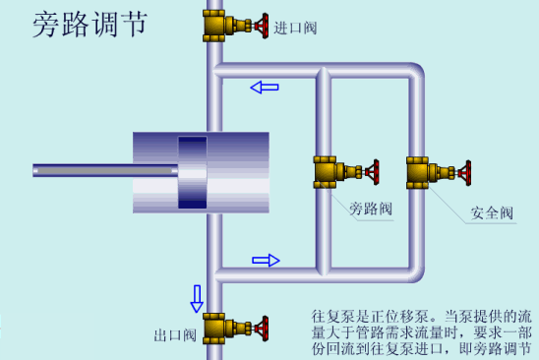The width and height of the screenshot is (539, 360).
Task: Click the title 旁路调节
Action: (x=89, y=24)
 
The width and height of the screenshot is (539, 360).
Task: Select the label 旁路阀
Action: (x=370, y=209)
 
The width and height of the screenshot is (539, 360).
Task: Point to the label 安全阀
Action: (x=491, y=212)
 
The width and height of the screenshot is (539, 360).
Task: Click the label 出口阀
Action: (x=174, y=334)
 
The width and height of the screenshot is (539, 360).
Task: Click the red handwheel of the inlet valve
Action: (x=260, y=24)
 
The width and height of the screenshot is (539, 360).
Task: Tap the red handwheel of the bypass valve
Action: (x=373, y=172)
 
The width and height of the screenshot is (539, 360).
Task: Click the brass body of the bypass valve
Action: (x=327, y=172)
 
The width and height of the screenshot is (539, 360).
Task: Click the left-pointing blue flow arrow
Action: (x=264, y=88)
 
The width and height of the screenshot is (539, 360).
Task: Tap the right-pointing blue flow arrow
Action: (x=266, y=260)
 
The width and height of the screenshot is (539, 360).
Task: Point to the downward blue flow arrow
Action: (x=197, y=296)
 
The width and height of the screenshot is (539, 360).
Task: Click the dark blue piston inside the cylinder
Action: (x=193, y=172)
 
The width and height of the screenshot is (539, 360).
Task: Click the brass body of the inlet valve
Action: (x=215, y=25)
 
